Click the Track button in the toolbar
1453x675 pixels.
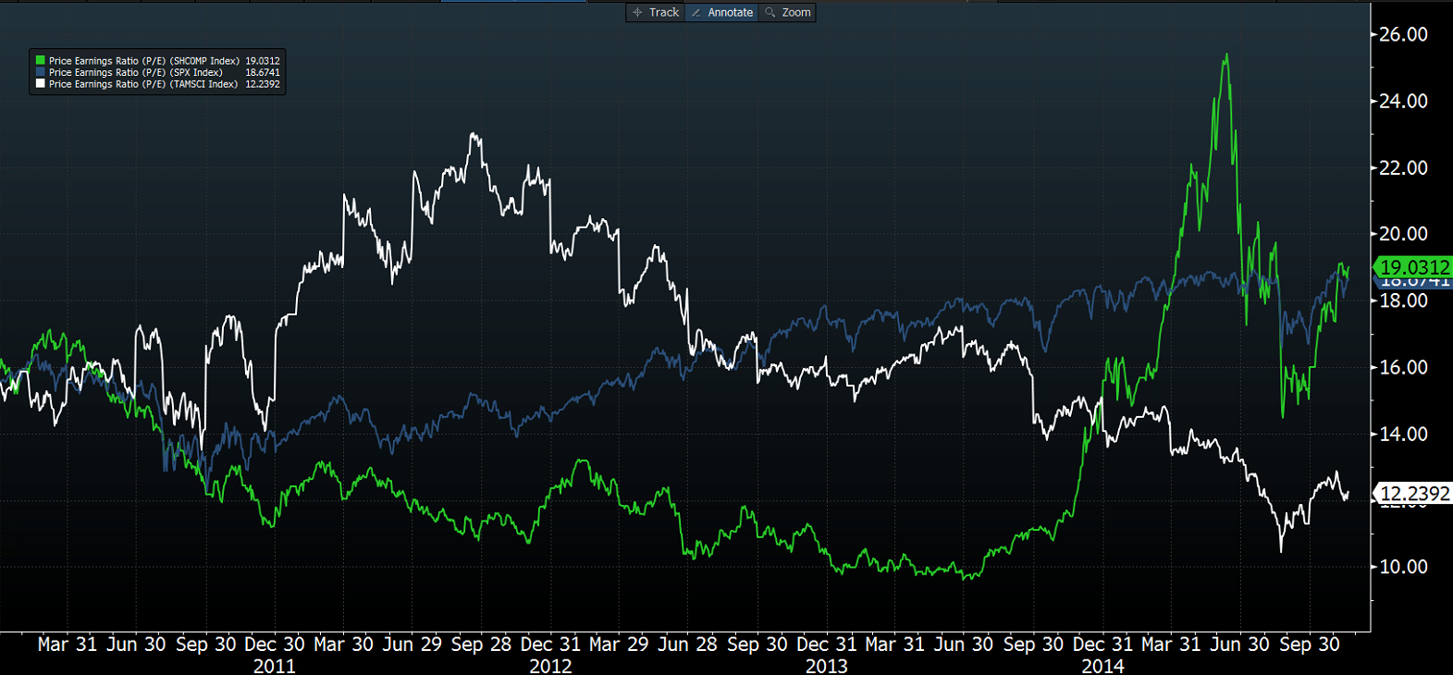click(656, 12)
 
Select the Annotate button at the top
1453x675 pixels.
click(722, 12)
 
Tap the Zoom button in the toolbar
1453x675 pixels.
click(788, 12)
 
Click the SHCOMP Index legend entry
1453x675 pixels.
click(143, 61)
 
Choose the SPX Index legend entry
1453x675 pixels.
click(135, 72)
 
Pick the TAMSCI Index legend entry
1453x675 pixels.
click(142, 84)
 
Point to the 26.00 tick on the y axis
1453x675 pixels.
click(1403, 34)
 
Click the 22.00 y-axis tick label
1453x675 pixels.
click(1403, 167)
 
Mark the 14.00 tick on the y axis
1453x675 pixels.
click(1403, 434)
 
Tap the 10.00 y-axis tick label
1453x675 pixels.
click(1403, 567)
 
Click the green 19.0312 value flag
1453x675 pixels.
click(1414, 267)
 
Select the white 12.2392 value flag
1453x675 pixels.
click(1414, 494)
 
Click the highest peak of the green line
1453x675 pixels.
click(1226, 55)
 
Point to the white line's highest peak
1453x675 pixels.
click(474, 134)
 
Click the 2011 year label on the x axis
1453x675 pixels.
click(275, 666)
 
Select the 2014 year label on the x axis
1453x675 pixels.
click(1102, 666)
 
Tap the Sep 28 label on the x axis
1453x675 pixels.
click(481, 644)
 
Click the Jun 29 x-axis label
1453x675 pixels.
click(412, 644)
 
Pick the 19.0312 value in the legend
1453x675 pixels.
click(263, 61)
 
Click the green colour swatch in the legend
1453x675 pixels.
click(40, 60)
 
